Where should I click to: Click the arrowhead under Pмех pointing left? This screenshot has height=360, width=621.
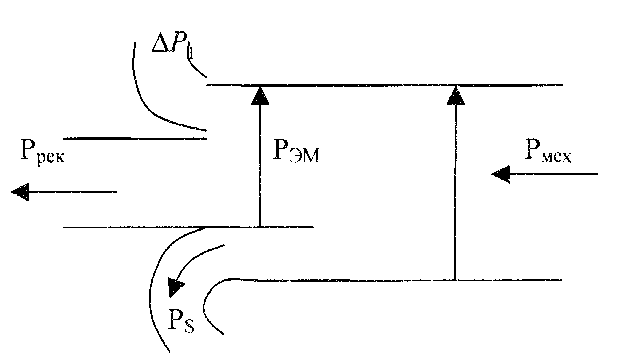pos(501,174)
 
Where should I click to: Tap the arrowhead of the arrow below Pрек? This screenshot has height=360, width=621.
pos(20,192)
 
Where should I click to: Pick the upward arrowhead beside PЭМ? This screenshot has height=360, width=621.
pos(260,95)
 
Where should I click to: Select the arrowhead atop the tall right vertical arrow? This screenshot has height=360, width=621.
pos(455,95)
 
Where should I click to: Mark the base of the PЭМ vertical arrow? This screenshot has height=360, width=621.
pos(260,227)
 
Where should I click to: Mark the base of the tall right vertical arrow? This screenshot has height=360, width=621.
pos(455,280)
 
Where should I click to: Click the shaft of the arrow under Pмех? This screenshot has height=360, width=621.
pos(553,175)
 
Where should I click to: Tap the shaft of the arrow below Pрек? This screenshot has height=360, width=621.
pos(73,192)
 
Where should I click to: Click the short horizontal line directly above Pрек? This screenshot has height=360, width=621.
pos(135,138)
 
